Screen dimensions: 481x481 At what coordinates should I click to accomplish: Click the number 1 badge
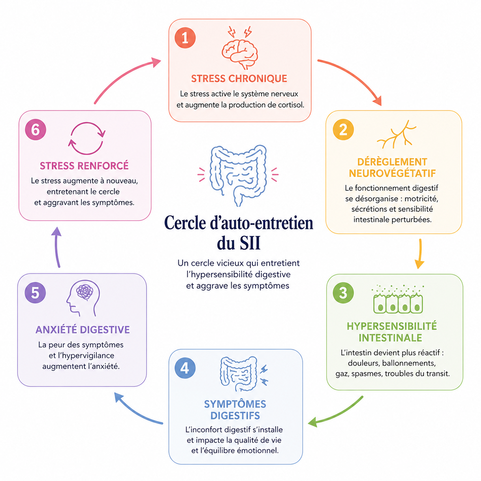185,38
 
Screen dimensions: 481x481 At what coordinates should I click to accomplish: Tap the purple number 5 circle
35,292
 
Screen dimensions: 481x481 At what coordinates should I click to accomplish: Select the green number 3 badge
343,292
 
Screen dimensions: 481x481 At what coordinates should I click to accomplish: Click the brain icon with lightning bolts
240,48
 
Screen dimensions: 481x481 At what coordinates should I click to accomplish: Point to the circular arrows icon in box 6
87,138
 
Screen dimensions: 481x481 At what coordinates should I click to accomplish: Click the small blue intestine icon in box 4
243,374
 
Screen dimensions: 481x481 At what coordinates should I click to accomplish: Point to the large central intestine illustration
238,175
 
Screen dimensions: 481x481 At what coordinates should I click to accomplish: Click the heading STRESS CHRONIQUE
239,78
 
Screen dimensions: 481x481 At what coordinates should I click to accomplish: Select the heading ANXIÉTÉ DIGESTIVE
82,329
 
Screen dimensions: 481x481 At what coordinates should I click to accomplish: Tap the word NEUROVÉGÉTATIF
392,173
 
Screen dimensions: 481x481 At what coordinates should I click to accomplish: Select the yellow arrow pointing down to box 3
420,254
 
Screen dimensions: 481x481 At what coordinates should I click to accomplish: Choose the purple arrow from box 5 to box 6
57,247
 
